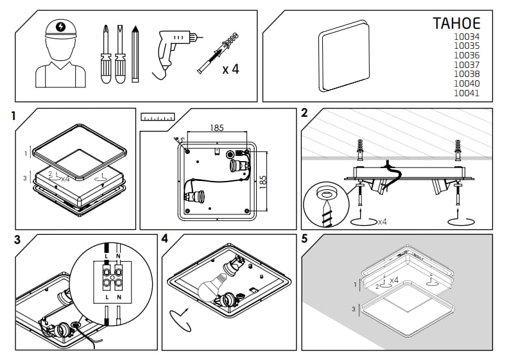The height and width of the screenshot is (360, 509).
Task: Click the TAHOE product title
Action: [456, 24]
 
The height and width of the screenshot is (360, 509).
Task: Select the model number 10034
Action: [467, 37]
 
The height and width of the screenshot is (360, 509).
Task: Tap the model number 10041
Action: [467, 93]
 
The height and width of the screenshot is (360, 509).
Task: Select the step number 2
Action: [304, 114]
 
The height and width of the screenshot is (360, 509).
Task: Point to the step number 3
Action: [17, 241]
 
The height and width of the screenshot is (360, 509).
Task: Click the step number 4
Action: [165, 240]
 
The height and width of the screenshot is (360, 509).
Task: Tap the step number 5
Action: [304, 239]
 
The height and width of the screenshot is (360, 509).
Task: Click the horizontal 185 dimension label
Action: [217, 128]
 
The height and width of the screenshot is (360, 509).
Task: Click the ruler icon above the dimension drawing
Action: [158, 117]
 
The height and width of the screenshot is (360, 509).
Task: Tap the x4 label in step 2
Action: [381, 221]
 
